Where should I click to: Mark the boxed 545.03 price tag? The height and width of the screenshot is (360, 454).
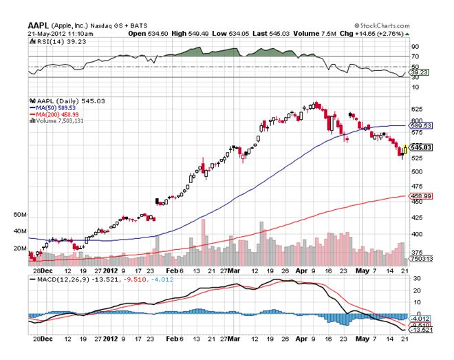(420, 147)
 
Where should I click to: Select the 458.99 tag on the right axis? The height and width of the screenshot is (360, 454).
(420, 197)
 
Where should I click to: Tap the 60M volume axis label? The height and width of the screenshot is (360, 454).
(20, 215)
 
